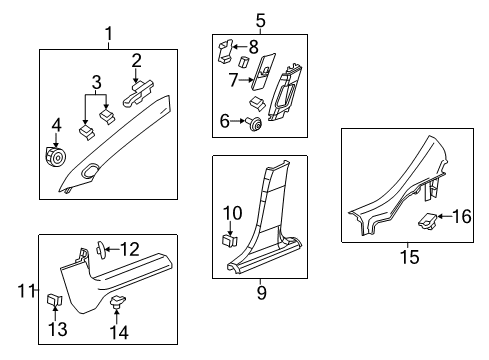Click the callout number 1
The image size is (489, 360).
109,36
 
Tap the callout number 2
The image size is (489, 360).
136,61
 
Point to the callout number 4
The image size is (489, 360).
55,125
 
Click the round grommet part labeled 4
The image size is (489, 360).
54,158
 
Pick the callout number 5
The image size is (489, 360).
259,19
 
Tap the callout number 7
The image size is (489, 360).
233,78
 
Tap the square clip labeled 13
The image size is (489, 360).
53,299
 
